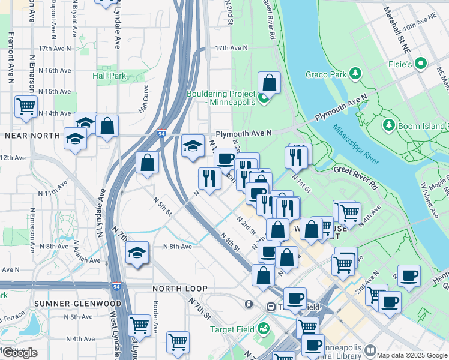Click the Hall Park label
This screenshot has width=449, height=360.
[109, 76]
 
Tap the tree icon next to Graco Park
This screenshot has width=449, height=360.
[356, 74]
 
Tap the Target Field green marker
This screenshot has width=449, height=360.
[263, 329]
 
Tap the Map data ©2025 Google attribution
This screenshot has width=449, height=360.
[412, 355]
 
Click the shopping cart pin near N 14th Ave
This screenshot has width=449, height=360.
[26, 107]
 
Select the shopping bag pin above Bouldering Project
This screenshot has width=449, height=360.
[270, 83]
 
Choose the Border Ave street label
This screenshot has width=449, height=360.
[155, 314]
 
